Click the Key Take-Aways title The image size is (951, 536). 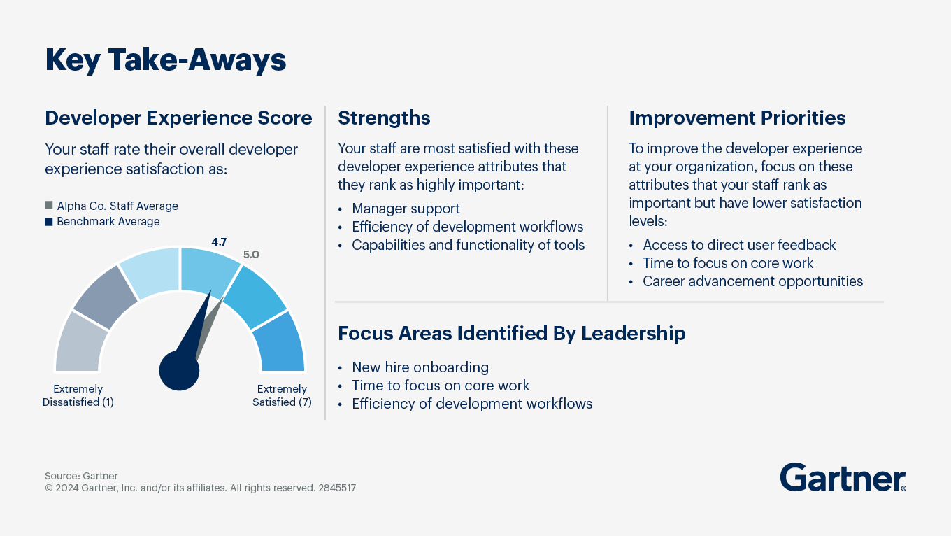[x=166, y=60]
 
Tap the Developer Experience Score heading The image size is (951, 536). [x=178, y=118]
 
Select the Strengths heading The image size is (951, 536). [x=384, y=118]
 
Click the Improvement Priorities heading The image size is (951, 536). [x=737, y=118]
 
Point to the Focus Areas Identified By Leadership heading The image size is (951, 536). [x=512, y=333]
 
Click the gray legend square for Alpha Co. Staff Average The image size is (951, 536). [x=49, y=206]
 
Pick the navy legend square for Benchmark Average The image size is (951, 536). [x=49, y=222]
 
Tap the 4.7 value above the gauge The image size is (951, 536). [x=219, y=242]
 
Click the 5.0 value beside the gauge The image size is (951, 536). [x=251, y=255]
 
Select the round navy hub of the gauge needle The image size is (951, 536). [x=179, y=371]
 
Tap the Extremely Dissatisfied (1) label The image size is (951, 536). [x=78, y=395]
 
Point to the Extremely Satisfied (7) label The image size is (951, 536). [x=282, y=395]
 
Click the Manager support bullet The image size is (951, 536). [x=406, y=209]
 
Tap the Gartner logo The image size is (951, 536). [x=843, y=477]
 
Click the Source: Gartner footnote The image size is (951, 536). [x=81, y=476]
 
